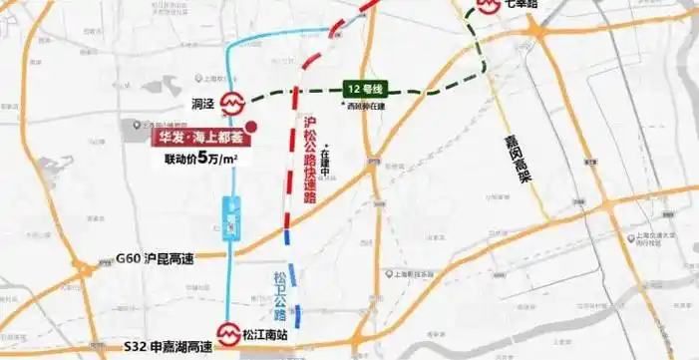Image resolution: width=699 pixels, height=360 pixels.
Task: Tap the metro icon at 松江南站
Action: tap(228, 333)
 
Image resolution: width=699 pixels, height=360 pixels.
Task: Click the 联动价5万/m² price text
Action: tap(194, 157)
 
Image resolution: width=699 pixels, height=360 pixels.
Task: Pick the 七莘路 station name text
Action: tap(524, 4)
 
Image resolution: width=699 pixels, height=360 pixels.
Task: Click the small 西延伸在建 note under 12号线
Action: tap(366, 105)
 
